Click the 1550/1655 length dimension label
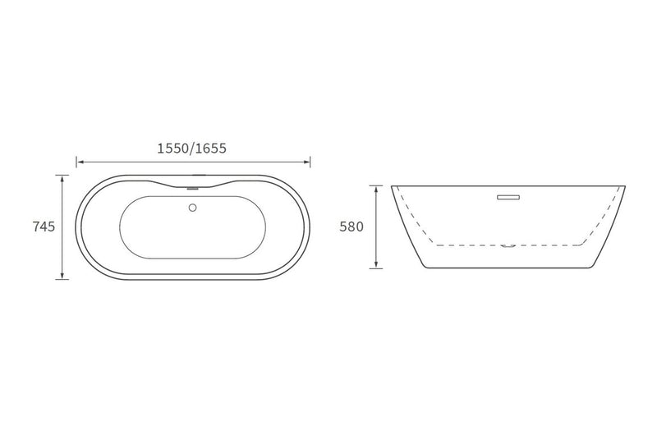point(191,149)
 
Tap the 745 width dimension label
point(44,227)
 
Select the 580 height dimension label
point(351,227)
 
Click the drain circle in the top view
point(193,208)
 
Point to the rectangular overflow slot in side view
point(508,197)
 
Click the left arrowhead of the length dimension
point(80,162)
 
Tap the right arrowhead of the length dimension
point(306,162)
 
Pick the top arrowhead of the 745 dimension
point(62,178)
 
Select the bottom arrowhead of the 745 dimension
point(62,275)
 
